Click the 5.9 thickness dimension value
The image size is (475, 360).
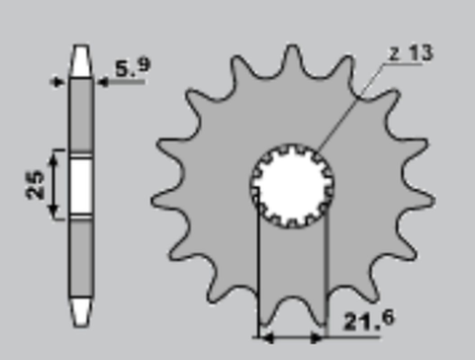pyautogui.click(x=133, y=69)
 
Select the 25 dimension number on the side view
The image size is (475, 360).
pyautogui.click(x=37, y=184)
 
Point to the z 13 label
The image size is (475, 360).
pyautogui.click(x=410, y=54)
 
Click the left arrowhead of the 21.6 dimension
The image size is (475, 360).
pyautogui.click(x=263, y=336)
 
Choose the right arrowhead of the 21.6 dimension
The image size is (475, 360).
pyautogui.click(x=322, y=336)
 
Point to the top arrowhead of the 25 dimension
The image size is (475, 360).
pyautogui.click(x=56, y=154)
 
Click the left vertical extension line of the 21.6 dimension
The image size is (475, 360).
pyautogui.click(x=258, y=277)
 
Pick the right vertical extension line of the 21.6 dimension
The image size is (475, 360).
pyautogui.click(x=327, y=277)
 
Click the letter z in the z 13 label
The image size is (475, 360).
pyautogui.click(x=395, y=54)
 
